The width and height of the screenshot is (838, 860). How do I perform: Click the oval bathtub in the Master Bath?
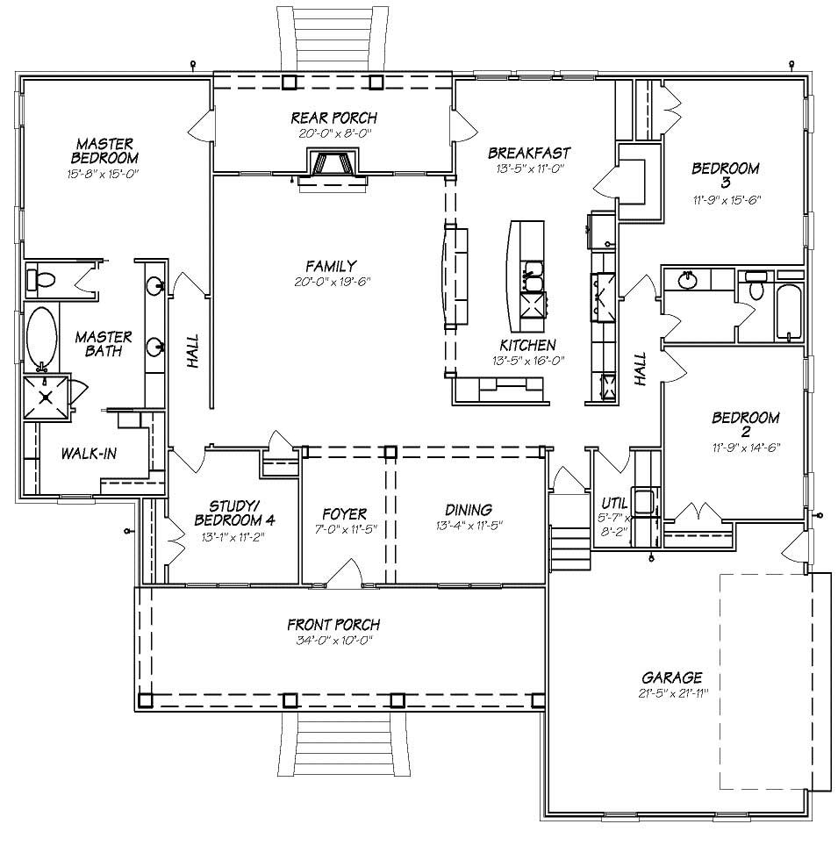click(40, 335)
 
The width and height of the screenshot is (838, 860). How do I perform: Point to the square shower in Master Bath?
click(47, 396)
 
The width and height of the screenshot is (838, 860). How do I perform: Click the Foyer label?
click(344, 512)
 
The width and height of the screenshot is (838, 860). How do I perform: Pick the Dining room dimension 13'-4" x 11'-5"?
click(468, 526)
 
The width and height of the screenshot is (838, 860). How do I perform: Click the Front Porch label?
click(333, 625)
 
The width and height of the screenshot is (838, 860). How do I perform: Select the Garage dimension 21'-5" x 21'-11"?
click(671, 692)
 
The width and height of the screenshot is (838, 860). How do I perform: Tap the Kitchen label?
click(527, 345)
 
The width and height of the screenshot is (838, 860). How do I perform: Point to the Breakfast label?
click(530, 152)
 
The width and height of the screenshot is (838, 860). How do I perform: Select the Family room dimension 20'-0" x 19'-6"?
click(330, 282)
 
